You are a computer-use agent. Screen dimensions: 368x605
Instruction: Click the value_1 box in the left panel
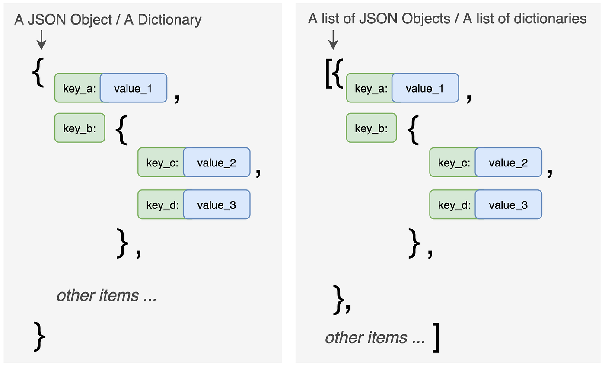(x=133, y=88)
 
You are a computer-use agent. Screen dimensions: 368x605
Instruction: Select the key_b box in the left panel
(x=80, y=128)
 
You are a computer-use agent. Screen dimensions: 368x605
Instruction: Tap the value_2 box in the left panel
(x=217, y=163)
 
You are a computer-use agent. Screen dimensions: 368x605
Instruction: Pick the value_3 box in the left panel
(x=217, y=205)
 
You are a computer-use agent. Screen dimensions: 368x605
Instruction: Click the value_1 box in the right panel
(x=425, y=88)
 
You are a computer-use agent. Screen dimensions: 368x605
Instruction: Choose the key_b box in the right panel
(x=371, y=128)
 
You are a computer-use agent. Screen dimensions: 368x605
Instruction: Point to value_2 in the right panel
(x=508, y=163)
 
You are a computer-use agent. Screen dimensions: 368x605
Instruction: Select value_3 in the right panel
(x=508, y=205)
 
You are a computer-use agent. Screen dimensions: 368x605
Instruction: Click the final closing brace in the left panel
(x=39, y=336)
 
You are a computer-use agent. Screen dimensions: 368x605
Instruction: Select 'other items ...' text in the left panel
(x=106, y=295)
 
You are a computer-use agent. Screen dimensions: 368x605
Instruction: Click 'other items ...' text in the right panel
(x=375, y=337)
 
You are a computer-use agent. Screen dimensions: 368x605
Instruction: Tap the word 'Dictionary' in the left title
(x=163, y=20)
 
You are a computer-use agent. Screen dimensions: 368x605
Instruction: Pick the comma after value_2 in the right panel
(x=550, y=172)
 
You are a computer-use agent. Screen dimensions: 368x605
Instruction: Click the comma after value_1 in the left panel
(x=176, y=98)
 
